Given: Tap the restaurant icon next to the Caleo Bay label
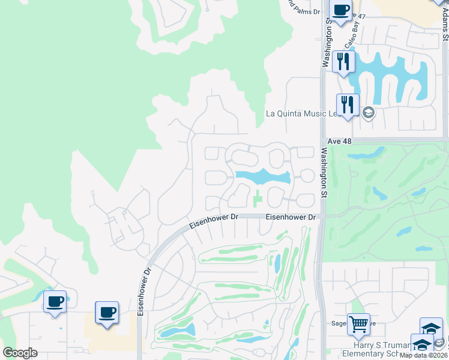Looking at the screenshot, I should point(343,62).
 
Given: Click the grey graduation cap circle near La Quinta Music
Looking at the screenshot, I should point(368,112).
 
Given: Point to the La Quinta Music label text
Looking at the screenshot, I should point(303,113).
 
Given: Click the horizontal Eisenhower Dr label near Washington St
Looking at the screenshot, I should point(291,217).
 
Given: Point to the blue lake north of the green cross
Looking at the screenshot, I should point(263,176).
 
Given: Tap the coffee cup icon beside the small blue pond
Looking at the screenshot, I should point(55,302).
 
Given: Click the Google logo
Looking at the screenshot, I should point(20,353).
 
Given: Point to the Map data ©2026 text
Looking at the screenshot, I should point(424,355).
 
